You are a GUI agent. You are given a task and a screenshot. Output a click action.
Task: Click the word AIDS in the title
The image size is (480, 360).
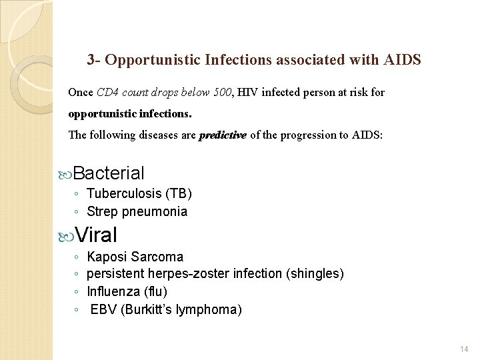(x=402, y=60)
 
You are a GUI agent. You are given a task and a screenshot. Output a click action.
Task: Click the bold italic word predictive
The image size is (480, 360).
(x=223, y=135)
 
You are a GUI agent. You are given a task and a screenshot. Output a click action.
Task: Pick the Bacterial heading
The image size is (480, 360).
(x=109, y=173)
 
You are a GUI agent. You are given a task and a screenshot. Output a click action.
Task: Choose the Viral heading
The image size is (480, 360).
(x=96, y=235)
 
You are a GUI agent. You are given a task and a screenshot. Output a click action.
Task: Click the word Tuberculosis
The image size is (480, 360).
(x=124, y=194)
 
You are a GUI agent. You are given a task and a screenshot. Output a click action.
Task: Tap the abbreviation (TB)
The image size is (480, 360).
(x=179, y=194)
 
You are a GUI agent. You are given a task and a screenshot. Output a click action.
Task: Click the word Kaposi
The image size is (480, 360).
(x=107, y=257)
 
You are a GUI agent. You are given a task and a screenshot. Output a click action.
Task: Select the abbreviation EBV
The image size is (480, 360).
(x=103, y=310)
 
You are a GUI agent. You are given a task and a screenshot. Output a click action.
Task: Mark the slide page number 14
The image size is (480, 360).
(x=465, y=349)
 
